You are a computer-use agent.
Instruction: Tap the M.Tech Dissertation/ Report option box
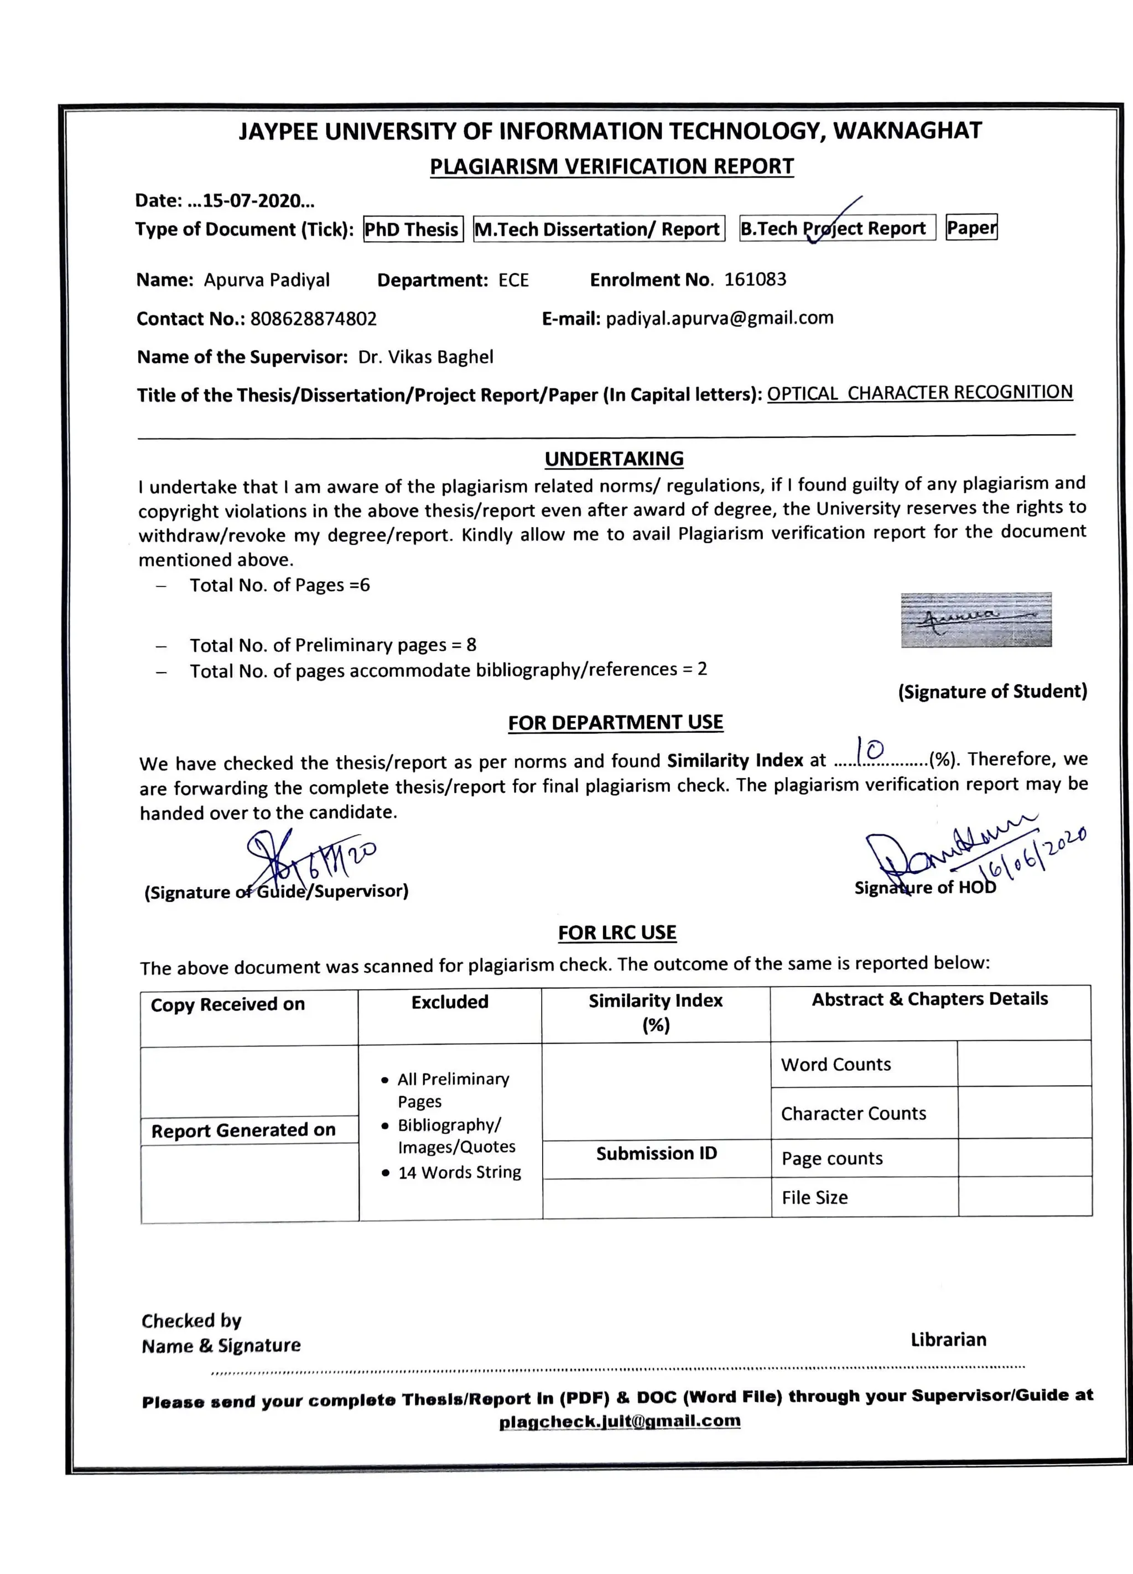click(599, 229)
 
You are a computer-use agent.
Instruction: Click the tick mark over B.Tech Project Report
click(833, 221)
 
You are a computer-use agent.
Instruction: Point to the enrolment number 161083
click(755, 280)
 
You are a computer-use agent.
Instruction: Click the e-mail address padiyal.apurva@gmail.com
click(719, 318)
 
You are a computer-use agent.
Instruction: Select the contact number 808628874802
click(313, 319)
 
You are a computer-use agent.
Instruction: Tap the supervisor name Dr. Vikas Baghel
click(425, 357)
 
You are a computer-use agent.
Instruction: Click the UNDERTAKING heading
click(614, 458)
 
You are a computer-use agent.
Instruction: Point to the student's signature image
click(975, 620)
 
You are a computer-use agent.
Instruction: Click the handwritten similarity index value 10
click(870, 749)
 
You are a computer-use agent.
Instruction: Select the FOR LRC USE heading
click(616, 932)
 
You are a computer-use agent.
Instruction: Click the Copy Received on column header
click(228, 1004)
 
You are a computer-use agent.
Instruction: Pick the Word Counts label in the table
click(835, 1064)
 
